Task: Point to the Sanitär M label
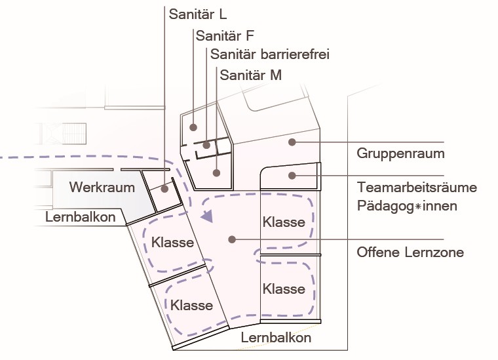point(251,75)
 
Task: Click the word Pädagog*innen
point(408,206)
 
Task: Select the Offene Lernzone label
point(410,252)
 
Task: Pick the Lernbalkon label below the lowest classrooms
point(276,338)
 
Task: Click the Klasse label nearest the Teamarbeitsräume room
point(284,222)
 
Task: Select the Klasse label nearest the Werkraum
point(172,242)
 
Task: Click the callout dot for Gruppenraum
point(294,142)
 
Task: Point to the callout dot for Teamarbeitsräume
point(293,175)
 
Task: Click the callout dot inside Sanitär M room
point(216,172)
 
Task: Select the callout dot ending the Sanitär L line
point(164,189)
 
